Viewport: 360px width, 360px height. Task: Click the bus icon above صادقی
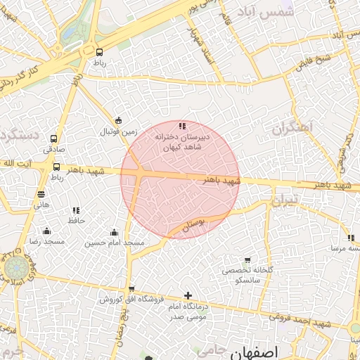click(x=55, y=139)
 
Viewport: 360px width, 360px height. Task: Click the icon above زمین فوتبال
click(x=118, y=120)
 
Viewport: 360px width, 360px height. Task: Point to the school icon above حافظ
click(x=76, y=210)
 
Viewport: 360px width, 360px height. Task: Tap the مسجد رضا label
click(x=46, y=242)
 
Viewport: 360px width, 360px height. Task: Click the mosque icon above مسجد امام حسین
click(x=115, y=233)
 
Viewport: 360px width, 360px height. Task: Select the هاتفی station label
click(x=41, y=205)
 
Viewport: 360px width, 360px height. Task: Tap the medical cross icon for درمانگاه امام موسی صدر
click(x=187, y=296)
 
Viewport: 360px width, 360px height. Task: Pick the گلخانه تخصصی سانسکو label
click(x=246, y=275)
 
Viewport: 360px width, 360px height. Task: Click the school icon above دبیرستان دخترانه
click(x=182, y=126)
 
